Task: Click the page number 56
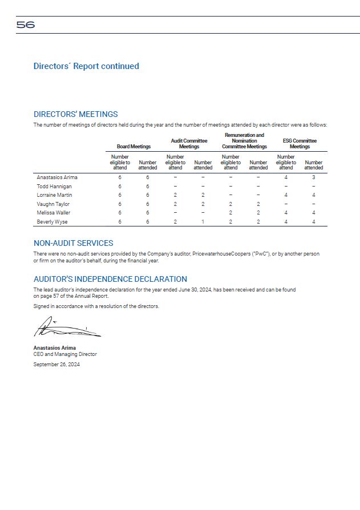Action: coord(26,25)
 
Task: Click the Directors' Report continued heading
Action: coord(86,66)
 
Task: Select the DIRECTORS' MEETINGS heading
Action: coord(76,114)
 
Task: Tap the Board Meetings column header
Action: coord(134,147)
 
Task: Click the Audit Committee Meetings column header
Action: coord(189,143)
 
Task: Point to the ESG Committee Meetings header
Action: coord(300,143)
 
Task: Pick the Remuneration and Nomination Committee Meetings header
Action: coord(244,141)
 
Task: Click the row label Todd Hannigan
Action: coord(54,187)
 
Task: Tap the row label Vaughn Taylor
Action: coord(53,204)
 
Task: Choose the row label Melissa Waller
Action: coord(54,213)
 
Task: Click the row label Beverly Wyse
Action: coord(52,221)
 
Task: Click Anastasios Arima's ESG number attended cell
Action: coord(313,177)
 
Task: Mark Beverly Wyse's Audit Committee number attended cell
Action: coord(203,221)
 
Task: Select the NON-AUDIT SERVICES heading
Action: coord(74,243)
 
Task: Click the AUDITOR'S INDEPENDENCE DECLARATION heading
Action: coord(110,279)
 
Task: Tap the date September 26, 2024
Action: coord(56,365)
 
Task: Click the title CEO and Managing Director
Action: coord(65,354)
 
